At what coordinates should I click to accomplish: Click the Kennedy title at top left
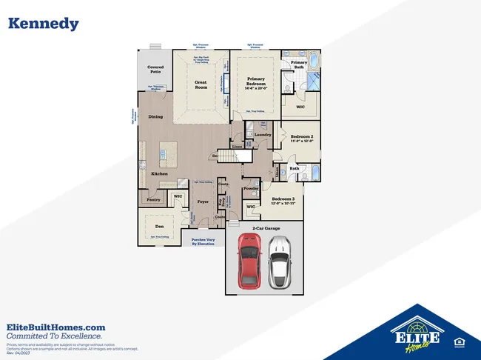[x=43, y=23]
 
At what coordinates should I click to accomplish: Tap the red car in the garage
[x=249, y=262]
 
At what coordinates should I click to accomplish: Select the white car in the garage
[x=279, y=262]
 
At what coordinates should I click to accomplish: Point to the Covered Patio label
[x=155, y=69]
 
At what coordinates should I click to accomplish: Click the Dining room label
[x=155, y=116]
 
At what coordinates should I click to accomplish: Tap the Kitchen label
[x=160, y=173]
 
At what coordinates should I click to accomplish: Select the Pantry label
[x=153, y=199]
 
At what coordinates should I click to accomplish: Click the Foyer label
[x=203, y=201]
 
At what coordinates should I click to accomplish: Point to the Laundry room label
[x=263, y=135]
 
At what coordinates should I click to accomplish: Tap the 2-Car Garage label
[x=263, y=229]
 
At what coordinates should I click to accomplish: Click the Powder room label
[x=251, y=188]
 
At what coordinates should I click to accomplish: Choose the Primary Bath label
[x=299, y=64]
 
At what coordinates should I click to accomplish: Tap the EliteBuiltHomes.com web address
[x=55, y=327]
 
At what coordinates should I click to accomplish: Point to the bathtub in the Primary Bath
[x=313, y=59]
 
